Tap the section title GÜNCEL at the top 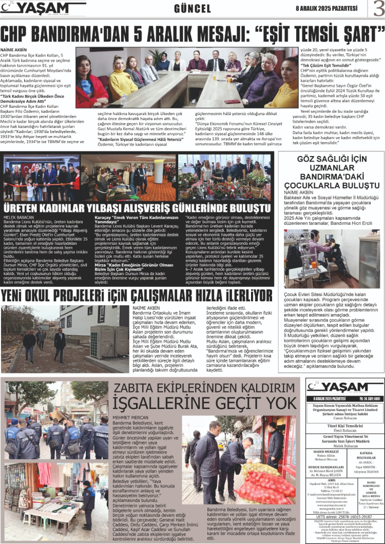[x=192, y=9]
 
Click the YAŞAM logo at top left [x=43, y=8]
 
